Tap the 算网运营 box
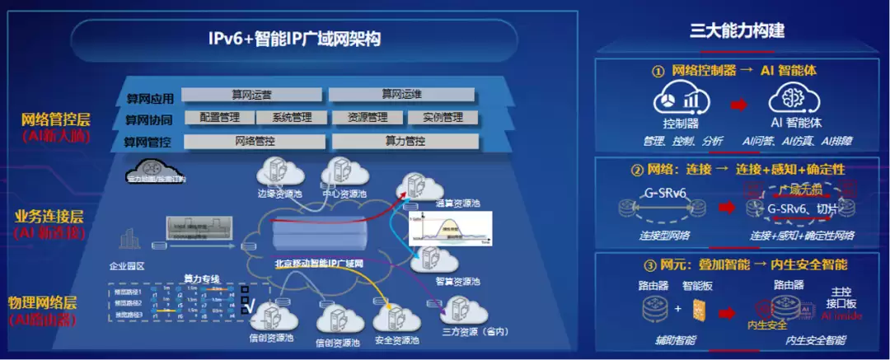[x=250, y=94]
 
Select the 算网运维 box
[x=401, y=94]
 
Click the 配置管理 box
[x=220, y=117]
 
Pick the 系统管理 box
[x=291, y=117]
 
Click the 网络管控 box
[x=255, y=141]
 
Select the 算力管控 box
[x=405, y=141]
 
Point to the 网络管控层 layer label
[x=56, y=120]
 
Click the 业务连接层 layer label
[x=49, y=217]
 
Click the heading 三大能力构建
[x=737, y=32]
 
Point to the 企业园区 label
[x=127, y=266]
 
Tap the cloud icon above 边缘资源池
[x=275, y=171]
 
